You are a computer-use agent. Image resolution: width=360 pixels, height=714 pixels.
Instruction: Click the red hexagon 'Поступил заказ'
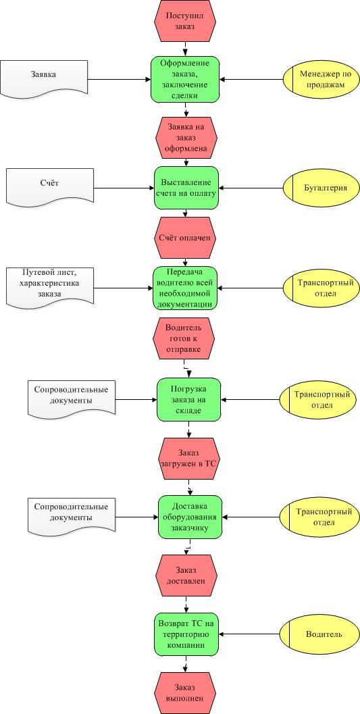point(186,20)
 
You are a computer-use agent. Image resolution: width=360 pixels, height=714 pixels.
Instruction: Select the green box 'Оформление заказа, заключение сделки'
point(186,79)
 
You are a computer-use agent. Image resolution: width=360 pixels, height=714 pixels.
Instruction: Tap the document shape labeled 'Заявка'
point(44,78)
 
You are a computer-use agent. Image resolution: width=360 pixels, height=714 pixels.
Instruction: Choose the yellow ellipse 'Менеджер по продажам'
point(318,79)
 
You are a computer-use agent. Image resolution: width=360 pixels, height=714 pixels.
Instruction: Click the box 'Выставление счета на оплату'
point(186,188)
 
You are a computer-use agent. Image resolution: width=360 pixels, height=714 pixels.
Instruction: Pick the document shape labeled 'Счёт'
point(50,187)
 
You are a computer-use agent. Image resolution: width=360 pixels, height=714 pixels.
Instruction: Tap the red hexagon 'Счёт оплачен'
point(186,238)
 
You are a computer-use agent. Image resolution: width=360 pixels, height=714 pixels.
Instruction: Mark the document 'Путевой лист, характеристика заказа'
point(50,288)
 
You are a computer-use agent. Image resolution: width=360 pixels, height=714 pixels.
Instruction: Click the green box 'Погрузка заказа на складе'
point(189,400)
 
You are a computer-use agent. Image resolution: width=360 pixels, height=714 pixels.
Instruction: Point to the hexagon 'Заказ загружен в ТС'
point(189,459)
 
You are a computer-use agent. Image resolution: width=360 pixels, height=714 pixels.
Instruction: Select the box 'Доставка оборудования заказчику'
point(190,517)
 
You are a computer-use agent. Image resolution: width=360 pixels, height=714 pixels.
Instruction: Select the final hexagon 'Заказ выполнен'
point(186,694)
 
